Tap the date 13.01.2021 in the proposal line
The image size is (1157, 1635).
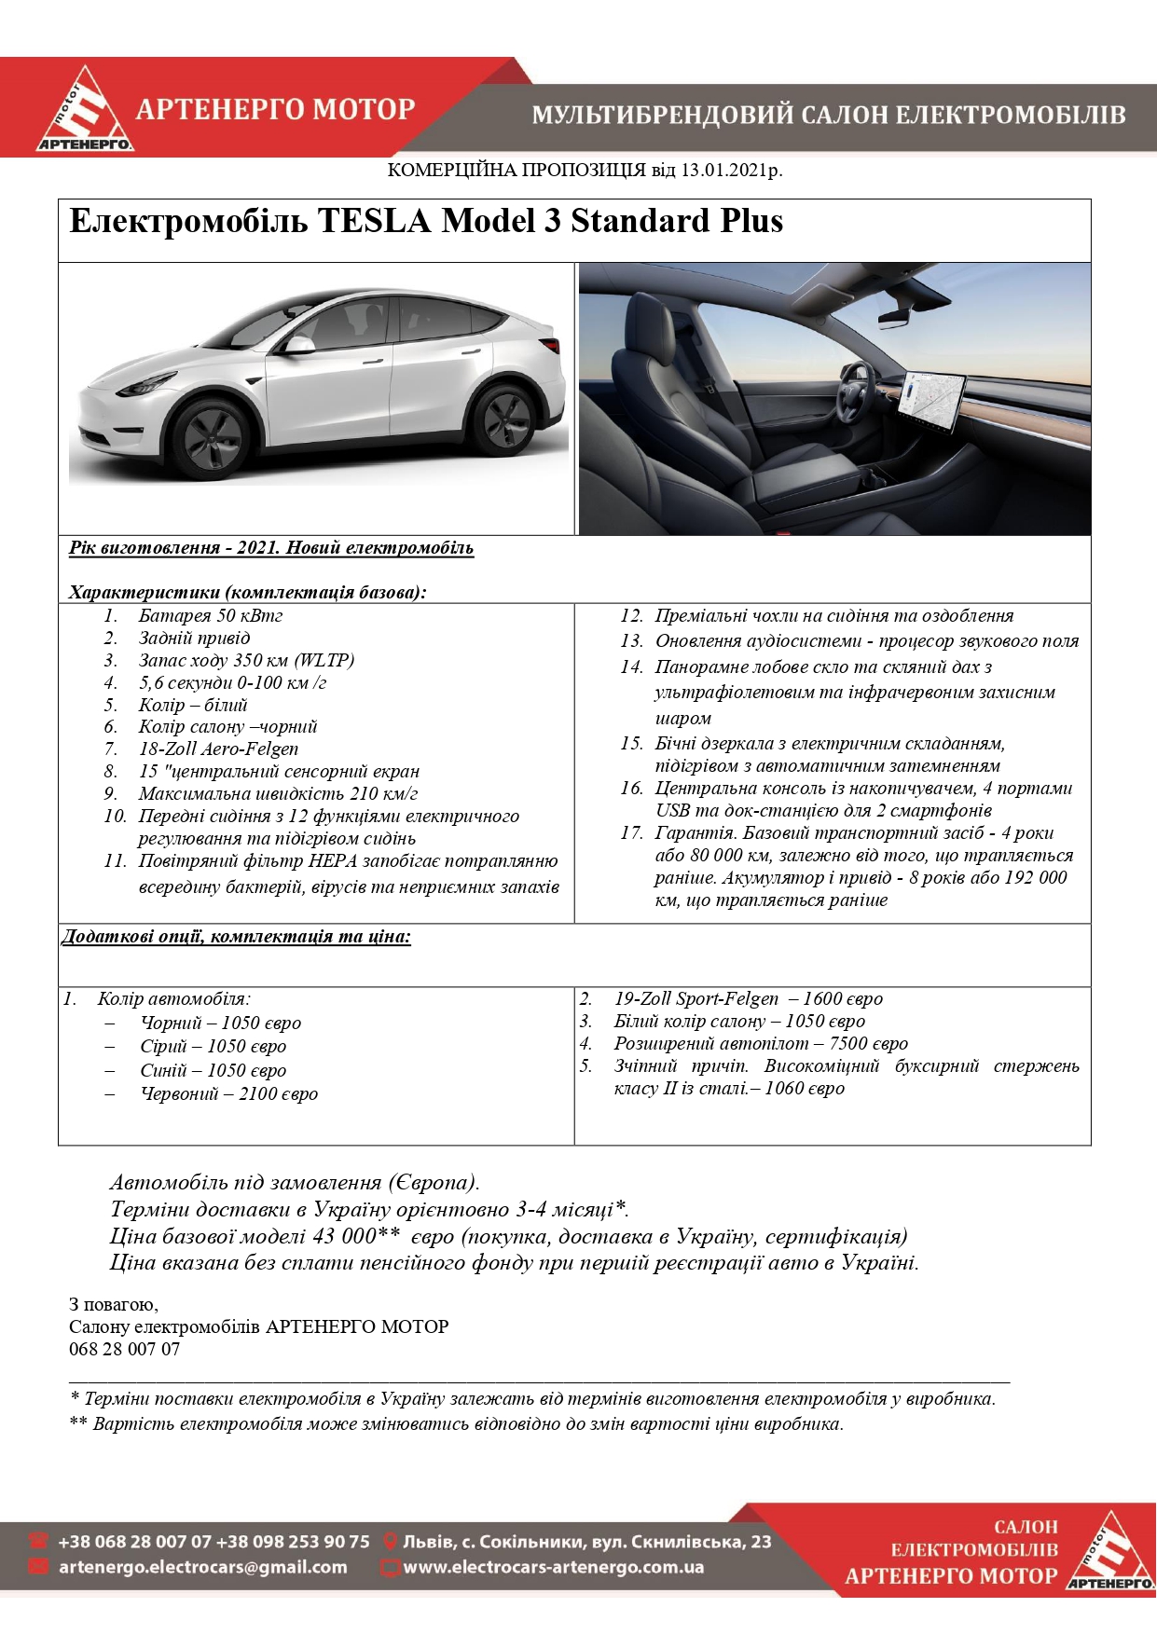pyautogui.click(x=723, y=171)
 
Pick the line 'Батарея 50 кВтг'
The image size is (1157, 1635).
pyautogui.click(x=210, y=616)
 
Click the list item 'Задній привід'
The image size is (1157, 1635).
pyautogui.click(x=194, y=639)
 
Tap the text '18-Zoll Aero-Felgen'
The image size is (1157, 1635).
pyautogui.click(x=218, y=749)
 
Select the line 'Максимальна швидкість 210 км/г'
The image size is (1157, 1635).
pyautogui.click(x=278, y=794)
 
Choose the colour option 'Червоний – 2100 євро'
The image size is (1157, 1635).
pyautogui.click(x=228, y=1094)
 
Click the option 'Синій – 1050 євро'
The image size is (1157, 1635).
pyautogui.click(x=213, y=1071)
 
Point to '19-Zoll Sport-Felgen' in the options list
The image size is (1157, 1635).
pyautogui.click(x=696, y=999)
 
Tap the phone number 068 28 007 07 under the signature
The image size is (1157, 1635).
pyautogui.click(x=125, y=1350)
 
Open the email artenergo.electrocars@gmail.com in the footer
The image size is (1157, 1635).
pyautogui.click(x=202, y=1568)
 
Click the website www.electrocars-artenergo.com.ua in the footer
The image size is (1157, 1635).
pyautogui.click(x=553, y=1568)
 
